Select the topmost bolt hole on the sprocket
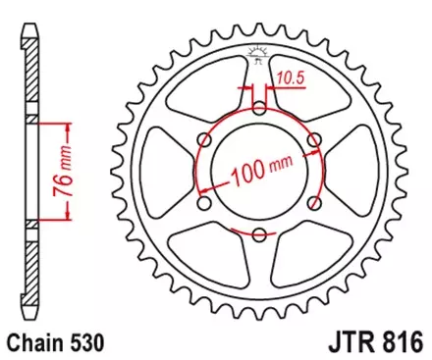pyautogui.click(x=258, y=110)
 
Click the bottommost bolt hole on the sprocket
pyautogui.click(x=258, y=233)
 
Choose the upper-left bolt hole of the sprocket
pyautogui.click(x=204, y=140)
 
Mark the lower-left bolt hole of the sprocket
pyautogui.click(x=204, y=203)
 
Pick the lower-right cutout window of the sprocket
pyautogui.click(x=303, y=249)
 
